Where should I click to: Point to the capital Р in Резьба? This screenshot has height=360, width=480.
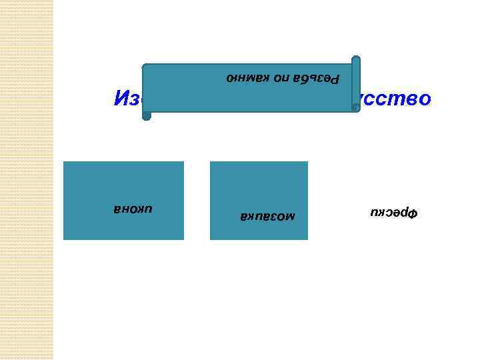(335, 78)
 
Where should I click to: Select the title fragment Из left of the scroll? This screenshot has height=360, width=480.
(127, 99)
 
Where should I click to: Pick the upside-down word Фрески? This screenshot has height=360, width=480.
(393, 214)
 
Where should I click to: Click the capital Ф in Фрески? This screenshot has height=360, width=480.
(411, 214)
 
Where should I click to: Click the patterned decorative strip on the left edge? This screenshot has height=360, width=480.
(27, 180)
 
